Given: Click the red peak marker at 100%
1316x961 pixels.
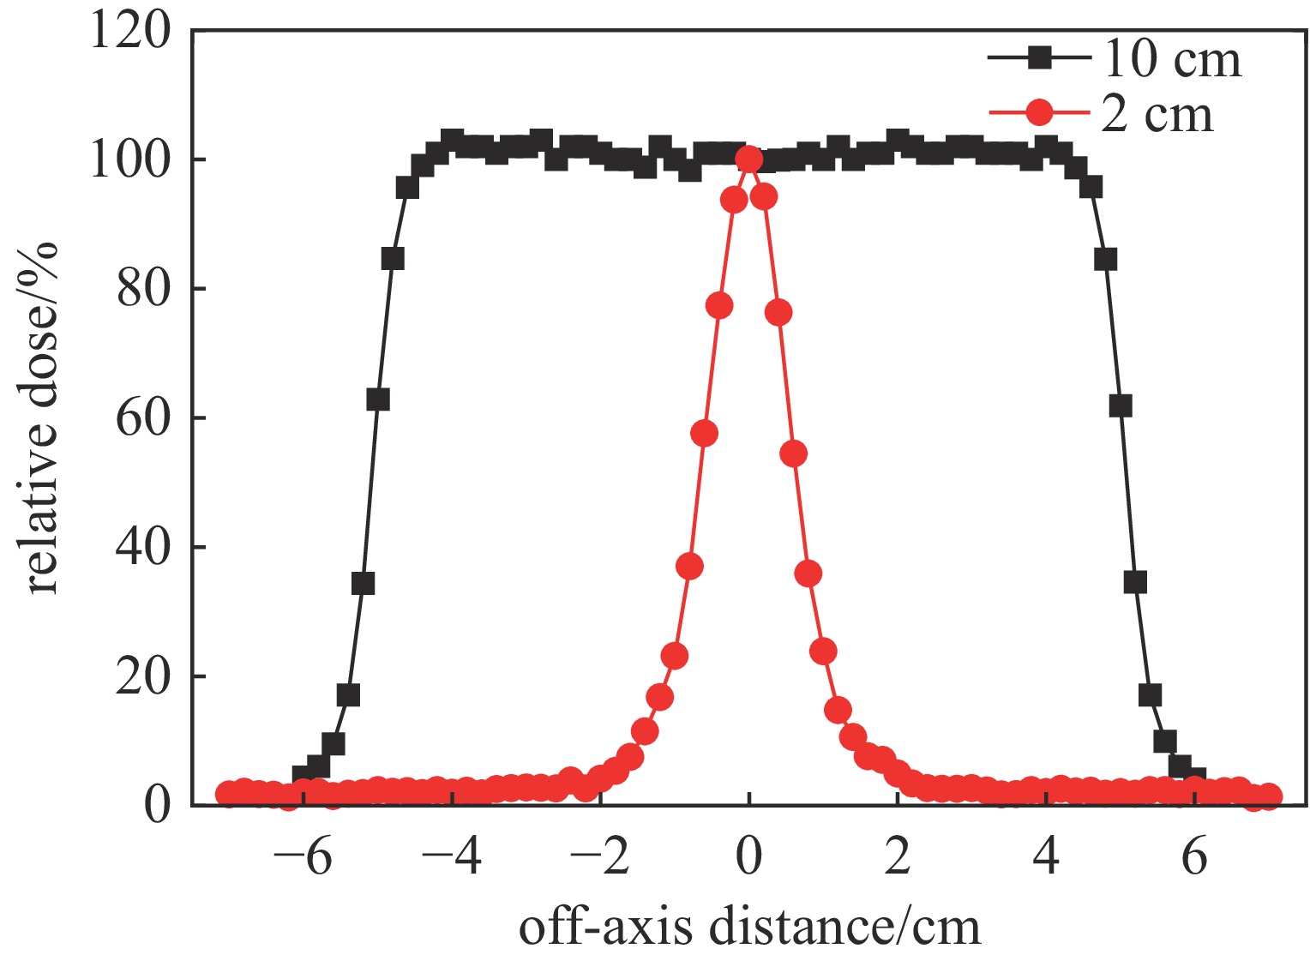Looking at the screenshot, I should pyautogui.click(x=748, y=159).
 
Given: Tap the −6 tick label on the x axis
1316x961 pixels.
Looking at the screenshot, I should pyautogui.click(x=303, y=857).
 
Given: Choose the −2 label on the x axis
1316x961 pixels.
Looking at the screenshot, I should pyautogui.click(x=600, y=857).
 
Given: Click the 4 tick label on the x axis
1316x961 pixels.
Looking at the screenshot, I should pyautogui.click(x=1046, y=857).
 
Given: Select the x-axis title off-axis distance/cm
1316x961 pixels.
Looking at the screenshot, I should pyautogui.click(x=749, y=928).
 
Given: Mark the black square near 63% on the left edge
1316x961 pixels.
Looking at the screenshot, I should pyautogui.click(x=378, y=399).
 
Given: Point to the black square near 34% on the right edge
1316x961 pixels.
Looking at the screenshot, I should pyautogui.click(x=1135, y=583).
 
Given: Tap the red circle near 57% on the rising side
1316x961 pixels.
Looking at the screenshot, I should pyautogui.click(x=704, y=434).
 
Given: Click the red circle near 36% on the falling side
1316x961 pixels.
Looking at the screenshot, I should pyautogui.click(x=808, y=574).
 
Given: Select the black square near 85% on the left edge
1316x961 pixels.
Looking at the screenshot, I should pyautogui.click(x=393, y=259).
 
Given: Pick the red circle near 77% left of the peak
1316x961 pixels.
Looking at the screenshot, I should pyautogui.click(x=719, y=305).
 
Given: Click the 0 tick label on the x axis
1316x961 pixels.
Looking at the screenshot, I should pyautogui.click(x=748, y=857).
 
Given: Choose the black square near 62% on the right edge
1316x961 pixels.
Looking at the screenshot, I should pyautogui.click(x=1120, y=406).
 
